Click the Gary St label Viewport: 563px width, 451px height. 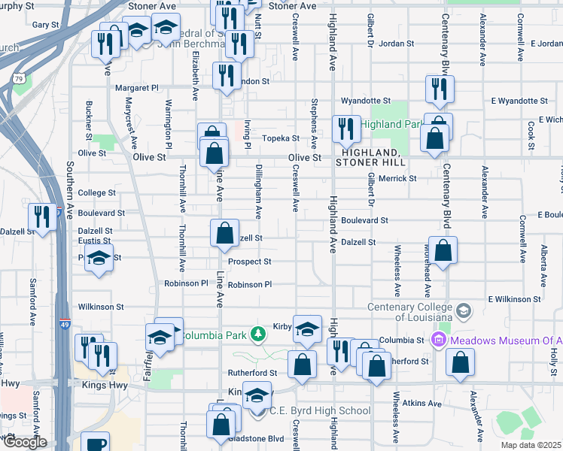click(x=45, y=25)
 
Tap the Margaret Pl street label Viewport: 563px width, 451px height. click(x=137, y=88)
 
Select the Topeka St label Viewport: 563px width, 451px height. click(x=281, y=138)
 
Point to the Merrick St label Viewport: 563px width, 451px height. click(x=397, y=178)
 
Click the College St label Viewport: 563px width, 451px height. click(x=96, y=193)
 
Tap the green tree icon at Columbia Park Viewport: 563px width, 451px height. click(x=257, y=334)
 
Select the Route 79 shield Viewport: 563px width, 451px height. click(x=20, y=77)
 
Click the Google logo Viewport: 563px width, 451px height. click(x=25, y=442)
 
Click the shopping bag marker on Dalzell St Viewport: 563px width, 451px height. click(x=224, y=234)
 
